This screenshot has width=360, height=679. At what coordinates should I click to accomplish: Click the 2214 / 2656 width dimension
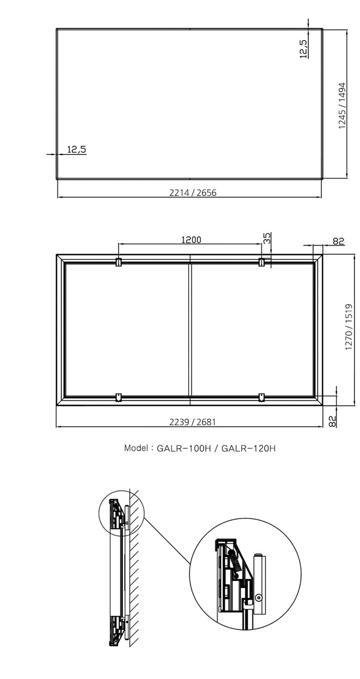pos(193,193)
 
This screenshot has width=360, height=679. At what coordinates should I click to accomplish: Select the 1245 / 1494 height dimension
pos(342,105)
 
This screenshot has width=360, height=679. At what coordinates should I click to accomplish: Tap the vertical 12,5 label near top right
pos(303,49)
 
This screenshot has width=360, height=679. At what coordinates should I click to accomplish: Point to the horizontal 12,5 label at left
pos(76,149)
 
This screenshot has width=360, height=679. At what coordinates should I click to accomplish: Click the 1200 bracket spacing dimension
pos(191,240)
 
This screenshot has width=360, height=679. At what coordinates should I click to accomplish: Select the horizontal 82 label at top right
pos(339,241)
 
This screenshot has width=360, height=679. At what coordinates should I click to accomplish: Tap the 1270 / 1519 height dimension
pos(349,327)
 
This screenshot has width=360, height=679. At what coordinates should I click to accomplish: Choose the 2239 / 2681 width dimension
pos(193,422)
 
